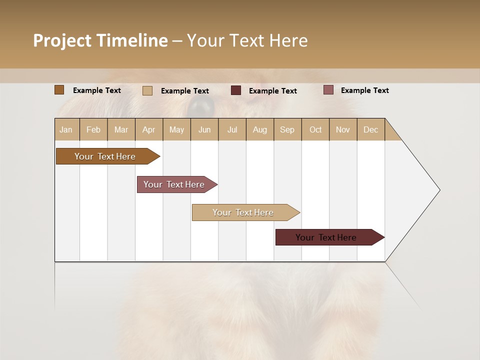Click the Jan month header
pos(66,129)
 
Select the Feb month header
pos(93,129)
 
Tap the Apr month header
pos(148,129)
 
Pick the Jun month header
pos(204,129)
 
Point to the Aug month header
pos(259,129)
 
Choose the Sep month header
pos(287,129)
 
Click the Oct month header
pos(315,129)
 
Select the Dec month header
pos(370,129)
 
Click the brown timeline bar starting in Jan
pos(105,156)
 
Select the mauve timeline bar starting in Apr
pos(174,184)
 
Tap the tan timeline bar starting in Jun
pos(243,212)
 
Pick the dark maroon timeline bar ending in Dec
pos(326,237)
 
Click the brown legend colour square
pos(59,90)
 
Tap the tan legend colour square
pos(147,90)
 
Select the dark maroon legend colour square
pos(236,90)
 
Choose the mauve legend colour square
pos(328,90)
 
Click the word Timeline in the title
pos(132,40)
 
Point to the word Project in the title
pos(62,40)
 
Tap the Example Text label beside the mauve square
pos(364,90)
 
